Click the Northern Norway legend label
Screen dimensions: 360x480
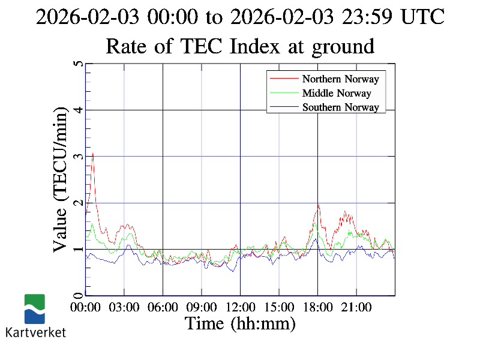[x=340, y=79]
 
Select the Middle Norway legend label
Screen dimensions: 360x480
[x=337, y=93]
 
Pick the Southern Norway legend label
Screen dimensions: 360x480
[x=340, y=107]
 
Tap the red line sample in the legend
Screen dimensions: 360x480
[x=284, y=79]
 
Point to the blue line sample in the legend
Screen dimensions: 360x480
[x=284, y=107]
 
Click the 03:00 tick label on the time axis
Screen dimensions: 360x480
[x=124, y=308]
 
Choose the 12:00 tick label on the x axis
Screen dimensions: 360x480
[x=240, y=308]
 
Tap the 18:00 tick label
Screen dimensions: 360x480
[x=317, y=308]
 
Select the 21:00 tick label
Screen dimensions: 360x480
[x=356, y=308]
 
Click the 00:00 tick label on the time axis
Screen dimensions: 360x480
[x=86, y=308]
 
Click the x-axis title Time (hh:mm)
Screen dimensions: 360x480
[x=240, y=324]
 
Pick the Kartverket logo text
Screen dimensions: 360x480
[x=35, y=332]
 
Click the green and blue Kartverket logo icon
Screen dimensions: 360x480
[x=34, y=308]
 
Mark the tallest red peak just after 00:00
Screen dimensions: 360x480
[x=93, y=153]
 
